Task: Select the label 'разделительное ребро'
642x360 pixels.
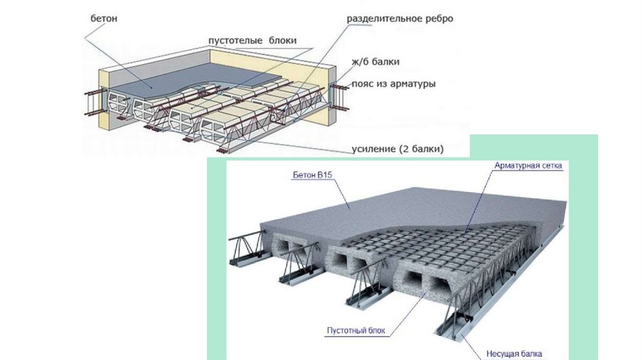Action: click(x=399, y=18)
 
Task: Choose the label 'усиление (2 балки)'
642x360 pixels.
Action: click(x=394, y=149)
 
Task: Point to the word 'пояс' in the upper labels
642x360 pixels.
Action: click(x=363, y=83)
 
